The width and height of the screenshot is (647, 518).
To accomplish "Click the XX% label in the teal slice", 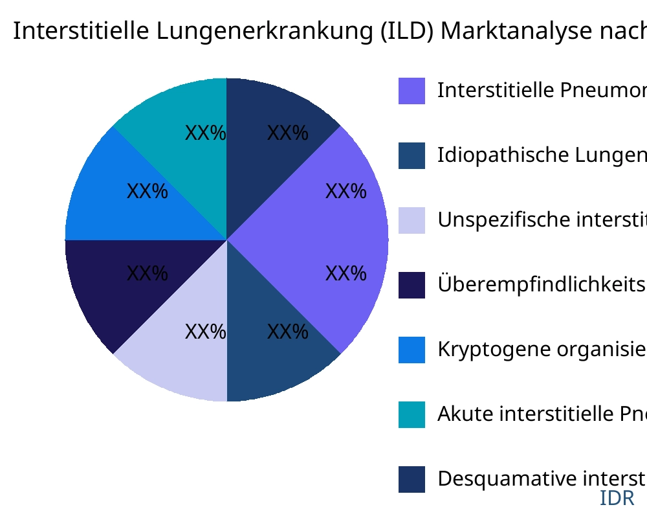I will pos(205,133).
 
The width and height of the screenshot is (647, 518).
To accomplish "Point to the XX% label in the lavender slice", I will pos(205,332).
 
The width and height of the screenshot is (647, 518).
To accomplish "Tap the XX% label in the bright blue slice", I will pos(147,192).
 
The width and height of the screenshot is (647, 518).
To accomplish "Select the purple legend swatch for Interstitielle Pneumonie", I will pos(411,91).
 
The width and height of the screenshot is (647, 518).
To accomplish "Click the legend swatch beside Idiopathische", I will pos(411,155).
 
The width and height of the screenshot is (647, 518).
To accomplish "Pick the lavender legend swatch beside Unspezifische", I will pos(411,220).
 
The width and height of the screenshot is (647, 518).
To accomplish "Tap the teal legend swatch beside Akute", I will pos(411,414).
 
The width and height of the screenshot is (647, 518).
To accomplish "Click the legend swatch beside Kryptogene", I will pos(411,350).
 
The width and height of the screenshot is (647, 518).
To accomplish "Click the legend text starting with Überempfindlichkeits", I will pos(541,285).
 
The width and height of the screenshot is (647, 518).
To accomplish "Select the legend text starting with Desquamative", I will pos(541,479).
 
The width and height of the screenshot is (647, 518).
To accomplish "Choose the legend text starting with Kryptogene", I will pos(541,350).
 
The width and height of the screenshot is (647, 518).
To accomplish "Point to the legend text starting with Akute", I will pos(541,414).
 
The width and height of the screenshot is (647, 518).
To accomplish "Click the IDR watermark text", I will pos(617,498).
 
